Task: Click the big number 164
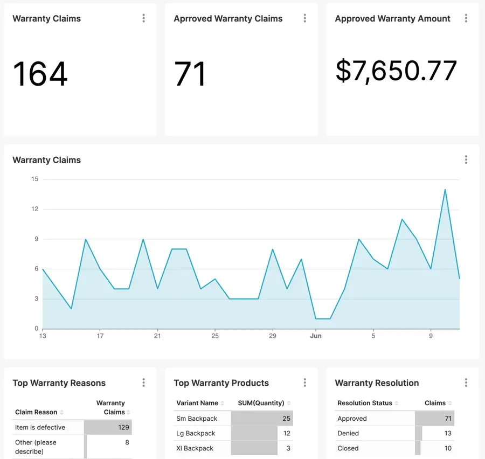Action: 40,74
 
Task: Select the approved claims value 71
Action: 190,74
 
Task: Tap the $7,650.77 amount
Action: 396,71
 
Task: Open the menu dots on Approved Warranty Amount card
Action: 466,18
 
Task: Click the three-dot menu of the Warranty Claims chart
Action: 466,159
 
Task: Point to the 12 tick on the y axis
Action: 35,209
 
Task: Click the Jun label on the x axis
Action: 316,336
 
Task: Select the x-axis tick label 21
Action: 157,336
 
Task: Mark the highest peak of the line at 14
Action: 445,189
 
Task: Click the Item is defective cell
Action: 40,427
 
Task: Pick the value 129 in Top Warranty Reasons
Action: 123,427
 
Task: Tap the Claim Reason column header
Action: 36,412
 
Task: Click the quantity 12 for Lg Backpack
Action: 287,433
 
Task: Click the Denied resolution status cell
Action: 348,433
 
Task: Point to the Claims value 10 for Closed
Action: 448,448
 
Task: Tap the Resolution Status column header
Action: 365,403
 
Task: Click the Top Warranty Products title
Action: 221,383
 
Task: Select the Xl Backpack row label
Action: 195,448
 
